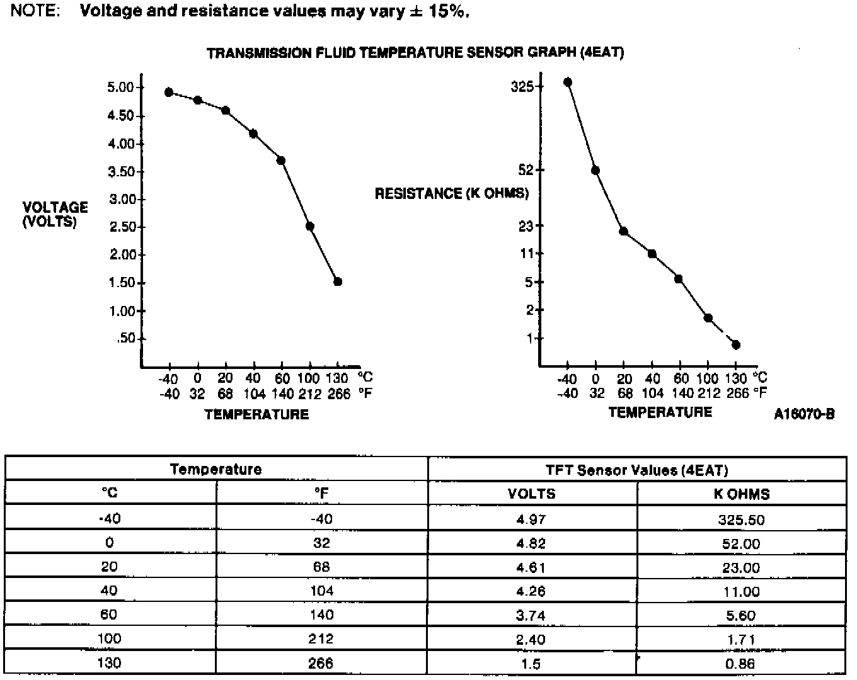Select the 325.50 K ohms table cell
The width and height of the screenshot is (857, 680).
pos(742,520)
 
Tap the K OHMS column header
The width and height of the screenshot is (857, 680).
pos(742,494)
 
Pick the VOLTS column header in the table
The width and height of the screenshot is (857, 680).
pos(531,494)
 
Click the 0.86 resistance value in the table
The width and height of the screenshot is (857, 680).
pos(740,664)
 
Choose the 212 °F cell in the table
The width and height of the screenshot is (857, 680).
pos(321,639)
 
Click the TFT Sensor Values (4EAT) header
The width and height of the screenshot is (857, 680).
pos(636,470)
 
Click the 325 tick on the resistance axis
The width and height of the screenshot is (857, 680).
pos(522,86)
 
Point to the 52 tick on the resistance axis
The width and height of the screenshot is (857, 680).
pos(526,170)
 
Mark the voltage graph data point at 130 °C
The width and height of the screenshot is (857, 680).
pos(338,281)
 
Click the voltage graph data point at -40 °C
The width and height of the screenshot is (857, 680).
pos(169,93)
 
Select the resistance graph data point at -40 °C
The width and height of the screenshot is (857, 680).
pos(568,82)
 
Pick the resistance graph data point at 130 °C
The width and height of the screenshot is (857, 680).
pos(736,345)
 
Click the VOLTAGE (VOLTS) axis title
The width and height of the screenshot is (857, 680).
pos(55,214)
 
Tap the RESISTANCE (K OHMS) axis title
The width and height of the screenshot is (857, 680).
pos(452,193)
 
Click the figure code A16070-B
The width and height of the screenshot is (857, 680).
pos(805,414)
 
